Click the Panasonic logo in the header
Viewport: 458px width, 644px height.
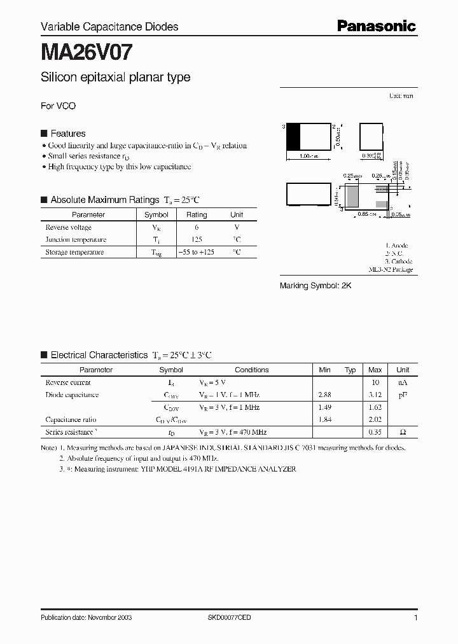376,26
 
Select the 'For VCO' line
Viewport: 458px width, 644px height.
58,106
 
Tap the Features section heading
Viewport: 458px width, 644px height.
67,134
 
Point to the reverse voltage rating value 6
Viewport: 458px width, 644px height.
197,227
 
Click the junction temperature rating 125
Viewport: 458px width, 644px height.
197,240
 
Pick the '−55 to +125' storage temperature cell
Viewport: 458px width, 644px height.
197,253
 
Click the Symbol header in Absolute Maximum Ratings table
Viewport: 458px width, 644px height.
156,215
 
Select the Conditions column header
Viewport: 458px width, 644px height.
251,370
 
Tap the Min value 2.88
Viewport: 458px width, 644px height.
324,395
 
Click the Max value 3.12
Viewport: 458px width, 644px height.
375,395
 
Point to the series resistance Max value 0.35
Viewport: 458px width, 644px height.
375,432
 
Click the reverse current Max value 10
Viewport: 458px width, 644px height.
375,382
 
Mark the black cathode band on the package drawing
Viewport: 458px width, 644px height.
293,137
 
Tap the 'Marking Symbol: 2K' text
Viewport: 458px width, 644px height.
316,286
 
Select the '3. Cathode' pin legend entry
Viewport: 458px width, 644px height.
399,262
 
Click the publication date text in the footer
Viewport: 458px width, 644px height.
86,618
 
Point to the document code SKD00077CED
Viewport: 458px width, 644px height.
230,618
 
